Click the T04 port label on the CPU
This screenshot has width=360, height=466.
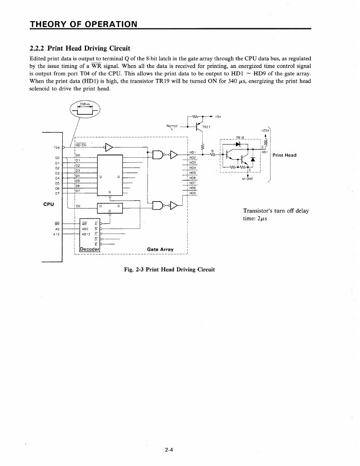(x=57, y=148)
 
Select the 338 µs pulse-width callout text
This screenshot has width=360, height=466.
(x=84, y=104)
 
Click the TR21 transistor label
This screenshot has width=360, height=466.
(x=206, y=127)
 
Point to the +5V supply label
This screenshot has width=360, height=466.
(x=218, y=116)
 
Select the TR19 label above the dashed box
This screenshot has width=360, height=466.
(x=240, y=137)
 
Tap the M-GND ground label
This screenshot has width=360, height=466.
(x=247, y=179)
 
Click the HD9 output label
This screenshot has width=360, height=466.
(x=192, y=193)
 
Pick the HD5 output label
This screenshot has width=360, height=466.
(x=192, y=173)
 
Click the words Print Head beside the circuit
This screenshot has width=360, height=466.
(x=284, y=155)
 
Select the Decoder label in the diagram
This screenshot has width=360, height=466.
(x=90, y=249)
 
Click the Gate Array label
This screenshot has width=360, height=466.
(x=160, y=249)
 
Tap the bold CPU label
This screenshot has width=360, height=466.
(x=49, y=204)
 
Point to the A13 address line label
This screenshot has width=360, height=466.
(x=57, y=234)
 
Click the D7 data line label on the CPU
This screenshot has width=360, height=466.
(x=57, y=193)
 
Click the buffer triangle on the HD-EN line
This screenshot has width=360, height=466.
(x=109, y=147)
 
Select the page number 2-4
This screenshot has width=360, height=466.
(x=169, y=449)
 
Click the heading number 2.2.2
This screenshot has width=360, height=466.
(x=37, y=48)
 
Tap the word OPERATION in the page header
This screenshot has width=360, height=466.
(x=109, y=24)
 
